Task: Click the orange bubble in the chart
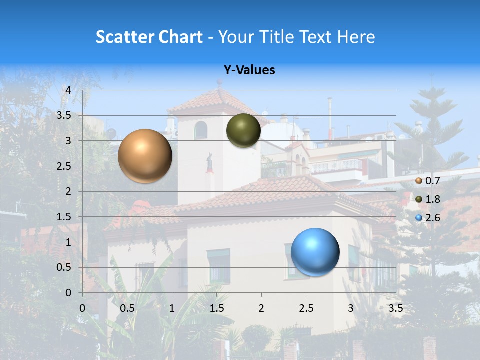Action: point(145,156)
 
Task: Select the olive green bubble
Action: point(243,131)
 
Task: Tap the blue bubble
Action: point(315,252)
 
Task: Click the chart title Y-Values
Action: point(249,70)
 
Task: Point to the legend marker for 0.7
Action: point(419,181)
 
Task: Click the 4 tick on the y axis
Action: point(68,90)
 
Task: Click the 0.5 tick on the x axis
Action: point(127,308)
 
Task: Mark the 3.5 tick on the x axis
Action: point(395,308)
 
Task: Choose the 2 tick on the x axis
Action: point(261,308)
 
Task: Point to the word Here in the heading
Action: point(356,37)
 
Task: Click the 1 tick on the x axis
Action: point(172,308)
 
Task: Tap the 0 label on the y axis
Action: point(68,293)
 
